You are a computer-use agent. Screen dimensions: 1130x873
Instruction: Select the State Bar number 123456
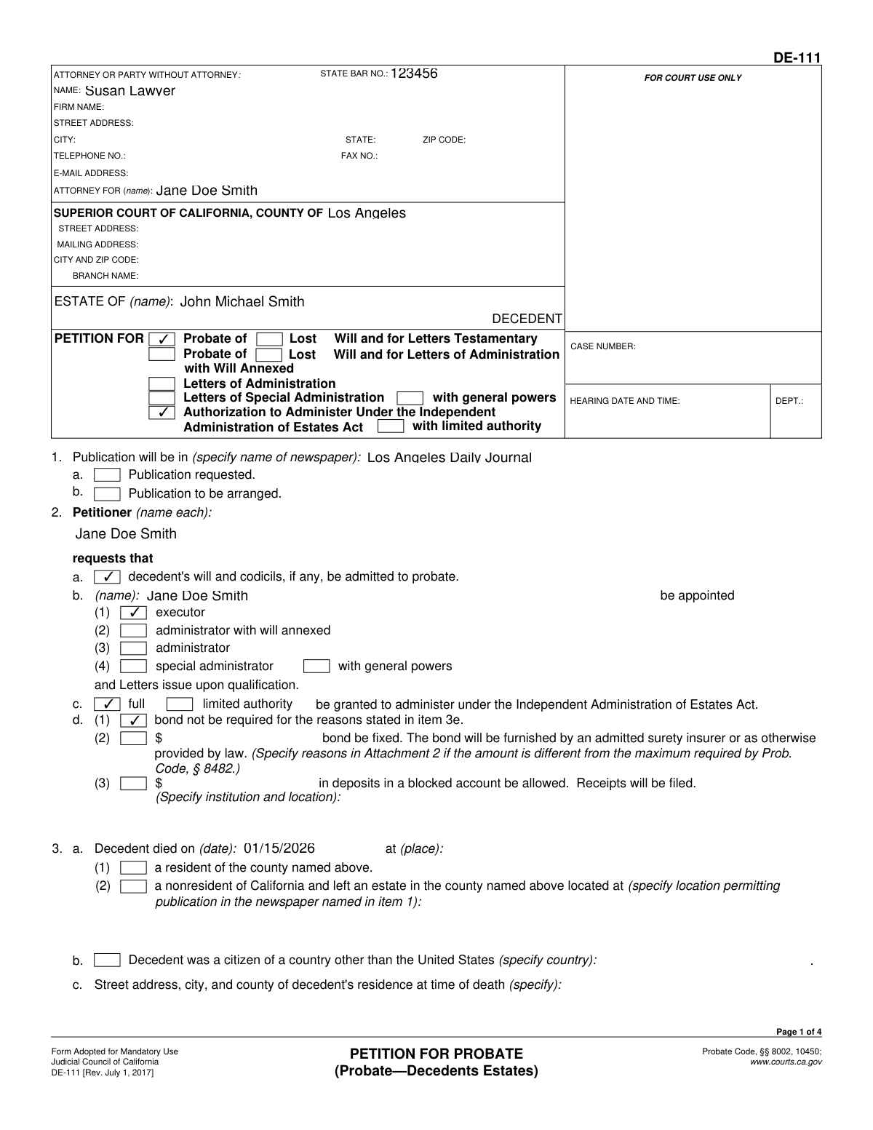tap(414, 73)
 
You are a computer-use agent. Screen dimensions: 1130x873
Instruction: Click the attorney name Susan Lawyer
tap(129, 91)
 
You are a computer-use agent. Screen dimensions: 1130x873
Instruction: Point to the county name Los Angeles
tap(367, 213)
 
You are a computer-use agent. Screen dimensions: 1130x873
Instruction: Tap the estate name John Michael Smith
tap(242, 302)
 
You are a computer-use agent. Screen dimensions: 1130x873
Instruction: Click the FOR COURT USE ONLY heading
tap(693, 78)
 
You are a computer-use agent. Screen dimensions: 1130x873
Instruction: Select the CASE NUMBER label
tap(602, 346)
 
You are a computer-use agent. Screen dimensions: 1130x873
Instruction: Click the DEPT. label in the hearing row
tap(789, 401)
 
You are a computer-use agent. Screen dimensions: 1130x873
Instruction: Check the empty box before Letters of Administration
tap(162, 383)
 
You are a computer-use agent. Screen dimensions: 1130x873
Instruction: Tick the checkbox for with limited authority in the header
tap(391, 426)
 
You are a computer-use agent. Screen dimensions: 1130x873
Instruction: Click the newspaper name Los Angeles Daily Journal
tap(450, 458)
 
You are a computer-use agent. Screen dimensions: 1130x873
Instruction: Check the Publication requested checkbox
tap(107, 475)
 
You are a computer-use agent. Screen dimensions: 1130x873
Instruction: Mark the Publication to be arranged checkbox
tap(107, 494)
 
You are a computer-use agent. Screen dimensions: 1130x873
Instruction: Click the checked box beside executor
tap(133, 613)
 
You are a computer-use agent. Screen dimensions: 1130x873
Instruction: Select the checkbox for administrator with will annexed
tap(133, 631)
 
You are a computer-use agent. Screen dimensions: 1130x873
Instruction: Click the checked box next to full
tap(107, 704)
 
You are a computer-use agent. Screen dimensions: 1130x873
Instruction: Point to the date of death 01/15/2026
tap(279, 848)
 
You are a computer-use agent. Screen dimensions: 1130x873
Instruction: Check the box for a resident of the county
tap(133, 868)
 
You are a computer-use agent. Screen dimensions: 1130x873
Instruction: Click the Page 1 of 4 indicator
tap(799, 1032)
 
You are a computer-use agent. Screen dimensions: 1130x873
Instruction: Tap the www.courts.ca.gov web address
tap(786, 1062)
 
